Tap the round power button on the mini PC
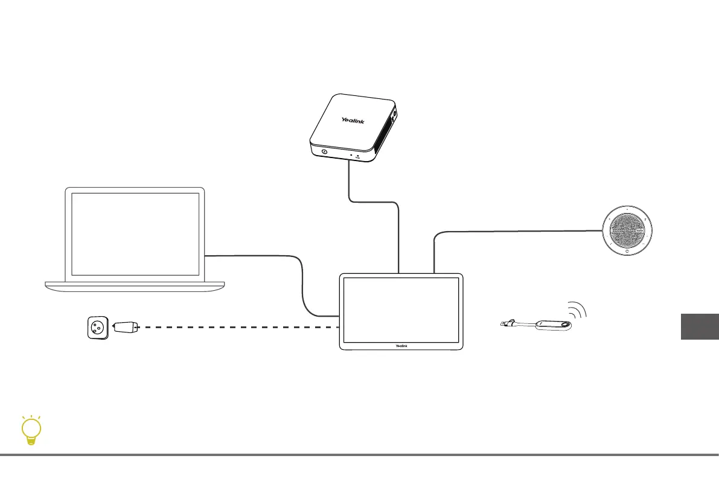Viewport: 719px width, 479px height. coord(324,152)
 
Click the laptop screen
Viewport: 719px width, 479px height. coord(135,234)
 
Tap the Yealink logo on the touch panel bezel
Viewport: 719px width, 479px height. coord(401,345)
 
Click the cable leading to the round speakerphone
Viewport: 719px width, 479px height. coord(513,230)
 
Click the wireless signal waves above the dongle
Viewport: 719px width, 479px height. coord(578,309)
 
